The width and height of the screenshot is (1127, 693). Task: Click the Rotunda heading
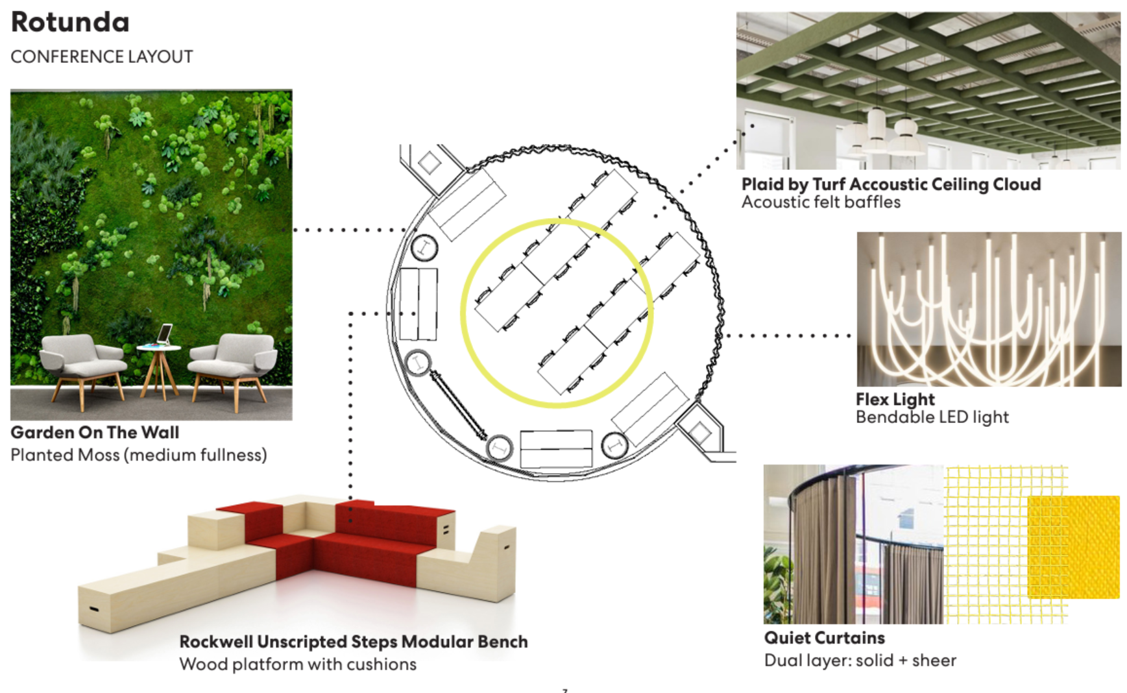(70, 23)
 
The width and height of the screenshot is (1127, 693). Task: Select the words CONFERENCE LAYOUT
(102, 57)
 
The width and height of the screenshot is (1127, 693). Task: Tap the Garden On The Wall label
(95, 433)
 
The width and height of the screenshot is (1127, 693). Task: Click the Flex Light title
(895, 399)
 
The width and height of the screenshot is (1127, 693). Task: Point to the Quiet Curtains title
(824, 638)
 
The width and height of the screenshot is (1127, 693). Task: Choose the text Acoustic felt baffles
(821, 202)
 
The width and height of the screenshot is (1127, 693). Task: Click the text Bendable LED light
(932, 417)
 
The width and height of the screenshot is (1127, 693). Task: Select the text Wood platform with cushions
(298, 664)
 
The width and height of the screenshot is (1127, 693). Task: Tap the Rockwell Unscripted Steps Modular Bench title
(353, 642)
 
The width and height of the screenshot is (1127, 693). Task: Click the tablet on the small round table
(165, 334)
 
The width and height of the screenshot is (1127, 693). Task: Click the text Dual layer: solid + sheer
(860, 661)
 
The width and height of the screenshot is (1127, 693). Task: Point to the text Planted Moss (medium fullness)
(138, 455)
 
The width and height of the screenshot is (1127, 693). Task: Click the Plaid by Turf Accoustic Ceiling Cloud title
(891, 184)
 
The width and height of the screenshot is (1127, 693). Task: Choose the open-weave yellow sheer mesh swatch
(983, 545)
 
